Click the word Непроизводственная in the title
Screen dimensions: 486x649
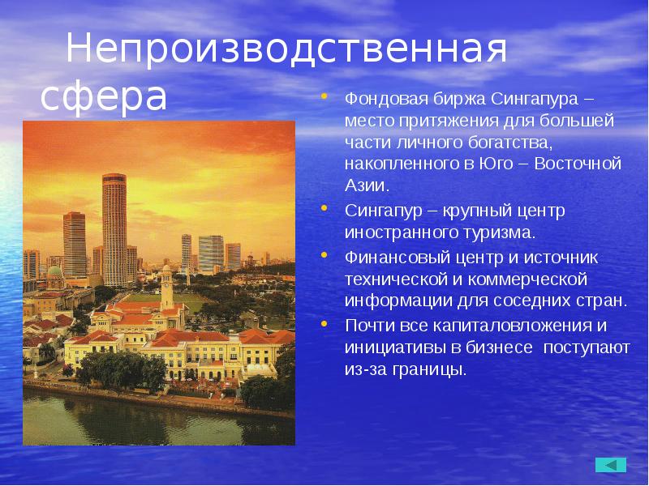286,50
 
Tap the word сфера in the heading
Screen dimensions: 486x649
104,96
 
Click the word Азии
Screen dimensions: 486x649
365,185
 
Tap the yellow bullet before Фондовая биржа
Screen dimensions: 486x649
324,97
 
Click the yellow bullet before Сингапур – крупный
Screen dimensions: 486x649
324,209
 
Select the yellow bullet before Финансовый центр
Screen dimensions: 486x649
324,256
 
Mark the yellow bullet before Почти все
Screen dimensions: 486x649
324,325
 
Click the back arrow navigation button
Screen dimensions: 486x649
610,464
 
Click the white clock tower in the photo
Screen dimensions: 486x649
167,288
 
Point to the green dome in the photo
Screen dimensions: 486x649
55,270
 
